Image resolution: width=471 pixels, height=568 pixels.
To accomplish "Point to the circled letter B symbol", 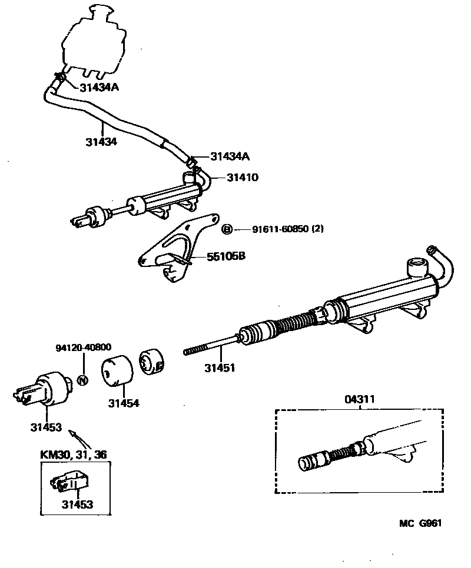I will (x=227, y=229).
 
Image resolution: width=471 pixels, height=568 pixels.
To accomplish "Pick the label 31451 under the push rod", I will (x=220, y=369).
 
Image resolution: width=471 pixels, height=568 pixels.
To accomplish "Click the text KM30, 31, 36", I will (x=74, y=454).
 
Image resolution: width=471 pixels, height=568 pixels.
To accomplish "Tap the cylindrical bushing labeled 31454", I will (x=118, y=370).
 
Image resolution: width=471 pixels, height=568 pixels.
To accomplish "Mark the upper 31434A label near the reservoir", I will (x=99, y=88).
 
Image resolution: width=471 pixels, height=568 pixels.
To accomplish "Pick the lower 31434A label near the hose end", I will (x=230, y=156).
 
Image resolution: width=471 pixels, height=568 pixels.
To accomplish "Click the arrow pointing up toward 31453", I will (x=73, y=435).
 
